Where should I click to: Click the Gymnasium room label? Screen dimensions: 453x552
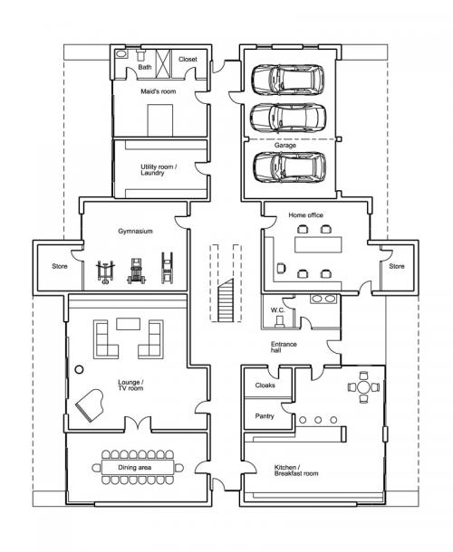(135, 232)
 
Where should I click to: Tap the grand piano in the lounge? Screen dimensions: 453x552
(90, 404)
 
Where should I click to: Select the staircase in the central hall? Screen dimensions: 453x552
(226, 300)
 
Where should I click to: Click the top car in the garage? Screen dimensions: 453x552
(287, 80)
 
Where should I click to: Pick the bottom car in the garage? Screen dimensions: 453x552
(289, 167)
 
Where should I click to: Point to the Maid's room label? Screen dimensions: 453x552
(159, 91)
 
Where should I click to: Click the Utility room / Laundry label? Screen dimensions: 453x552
(159, 170)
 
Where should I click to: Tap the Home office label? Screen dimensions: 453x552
(305, 215)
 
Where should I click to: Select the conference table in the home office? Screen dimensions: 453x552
(318, 244)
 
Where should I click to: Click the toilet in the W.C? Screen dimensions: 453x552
(280, 321)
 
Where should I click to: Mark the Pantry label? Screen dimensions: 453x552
(265, 416)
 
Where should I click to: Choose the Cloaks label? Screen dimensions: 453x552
(265, 385)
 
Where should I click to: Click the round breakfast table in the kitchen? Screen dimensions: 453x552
(363, 387)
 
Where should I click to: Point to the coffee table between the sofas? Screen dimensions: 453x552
(129, 324)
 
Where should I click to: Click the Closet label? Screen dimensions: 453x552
(188, 59)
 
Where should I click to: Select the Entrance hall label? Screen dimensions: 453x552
(284, 347)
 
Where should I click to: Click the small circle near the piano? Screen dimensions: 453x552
(80, 369)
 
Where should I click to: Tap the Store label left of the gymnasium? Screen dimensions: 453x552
(60, 266)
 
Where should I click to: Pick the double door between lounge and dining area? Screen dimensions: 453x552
(138, 424)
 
